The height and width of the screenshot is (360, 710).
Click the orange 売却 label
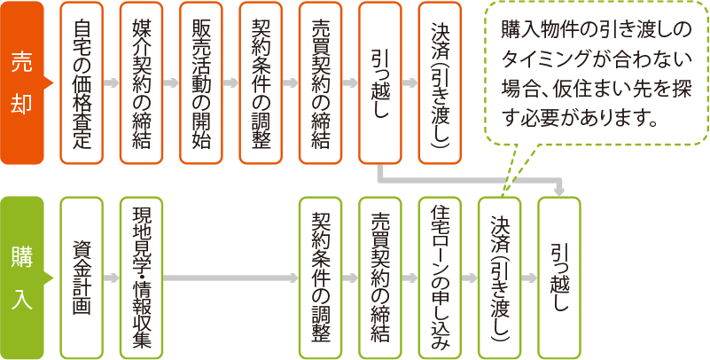(x=22, y=82)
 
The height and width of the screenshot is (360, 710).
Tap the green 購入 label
(x=22, y=278)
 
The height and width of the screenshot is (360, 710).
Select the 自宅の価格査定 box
(x=82, y=82)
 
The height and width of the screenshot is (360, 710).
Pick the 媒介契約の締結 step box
(x=141, y=82)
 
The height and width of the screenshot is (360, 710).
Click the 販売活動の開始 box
(x=201, y=82)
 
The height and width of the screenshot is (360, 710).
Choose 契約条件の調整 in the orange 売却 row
(x=261, y=82)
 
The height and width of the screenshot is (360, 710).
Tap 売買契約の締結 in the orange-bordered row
(x=321, y=82)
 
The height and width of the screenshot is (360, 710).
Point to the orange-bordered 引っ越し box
(x=380, y=82)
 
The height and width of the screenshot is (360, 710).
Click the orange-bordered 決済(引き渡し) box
(x=441, y=82)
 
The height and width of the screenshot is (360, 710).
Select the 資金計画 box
(x=82, y=278)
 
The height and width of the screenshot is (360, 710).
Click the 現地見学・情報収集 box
(x=141, y=278)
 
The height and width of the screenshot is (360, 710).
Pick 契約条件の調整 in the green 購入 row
(x=321, y=278)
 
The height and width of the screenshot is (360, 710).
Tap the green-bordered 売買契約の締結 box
(x=380, y=278)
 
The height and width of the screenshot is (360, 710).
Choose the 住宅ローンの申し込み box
(x=441, y=278)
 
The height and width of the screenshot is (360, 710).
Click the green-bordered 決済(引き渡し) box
(x=500, y=278)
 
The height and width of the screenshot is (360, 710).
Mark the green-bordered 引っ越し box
(x=559, y=278)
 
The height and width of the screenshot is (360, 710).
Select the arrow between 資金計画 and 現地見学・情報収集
(x=112, y=278)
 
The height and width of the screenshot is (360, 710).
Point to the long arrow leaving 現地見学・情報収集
(x=230, y=278)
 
